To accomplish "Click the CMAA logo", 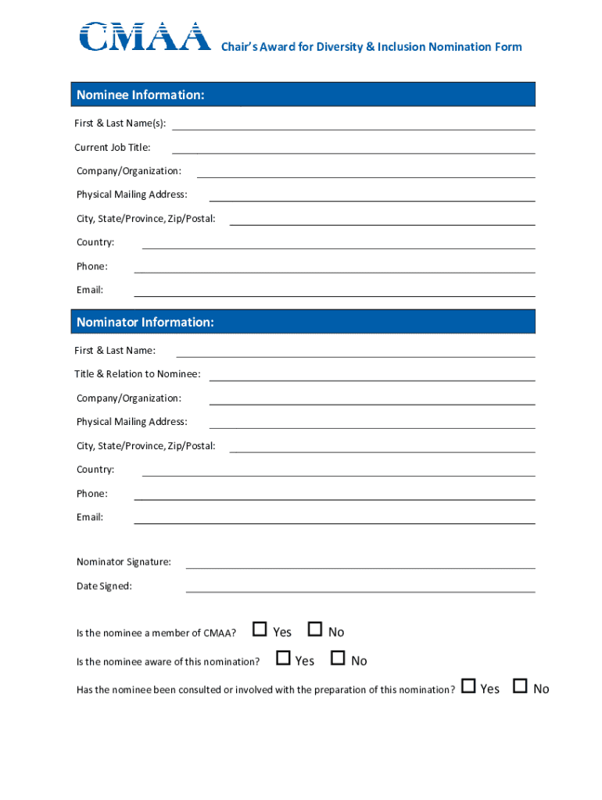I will pyautogui.click(x=145, y=37).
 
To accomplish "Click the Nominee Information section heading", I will pyautogui.click(x=141, y=95).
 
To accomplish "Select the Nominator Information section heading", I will pyautogui.click(x=145, y=323).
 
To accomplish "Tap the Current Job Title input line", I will pyautogui.click(x=353, y=148).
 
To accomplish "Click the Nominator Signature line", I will pyautogui.click(x=360, y=562).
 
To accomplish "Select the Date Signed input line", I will pyautogui.click(x=360, y=587).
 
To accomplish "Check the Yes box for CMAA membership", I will pyautogui.click(x=260, y=630).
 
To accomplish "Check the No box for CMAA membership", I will pyautogui.click(x=315, y=630).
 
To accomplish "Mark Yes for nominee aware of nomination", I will pyautogui.click(x=283, y=659).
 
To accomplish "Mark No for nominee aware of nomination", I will pyautogui.click(x=338, y=659).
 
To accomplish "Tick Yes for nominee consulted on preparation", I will pyautogui.click(x=468, y=686).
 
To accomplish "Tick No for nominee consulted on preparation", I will pyautogui.click(x=520, y=686).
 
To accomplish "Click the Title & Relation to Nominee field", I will pyautogui.click(x=372, y=375).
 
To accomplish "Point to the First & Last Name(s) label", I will pyautogui.click(x=120, y=124).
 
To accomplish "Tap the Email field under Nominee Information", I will pyautogui.click(x=335, y=291).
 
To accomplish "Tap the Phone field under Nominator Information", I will pyautogui.click(x=335, y=495).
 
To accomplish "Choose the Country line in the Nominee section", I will pyautogui.click(x=339, y=243).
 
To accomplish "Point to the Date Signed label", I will pyautogui.click(x=104, y=587).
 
